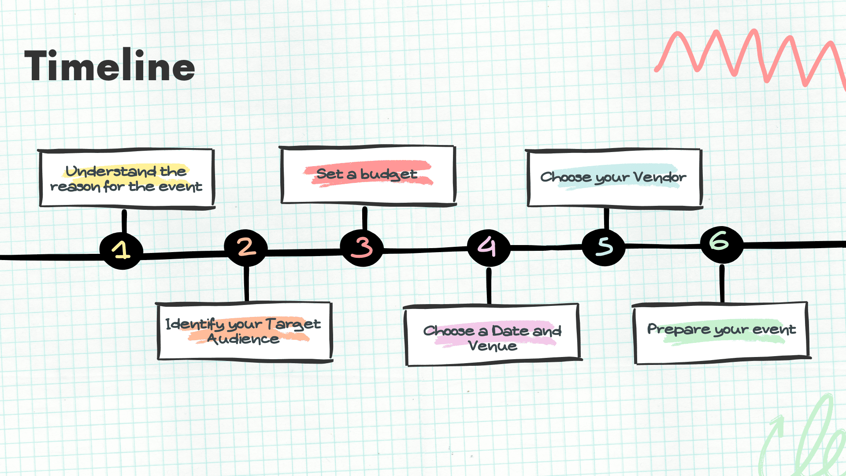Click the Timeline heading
pyautogui.click(x=110, y=66)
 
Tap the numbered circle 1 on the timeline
pyautogui.click(x=121, y=250)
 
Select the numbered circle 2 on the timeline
pyautogui.click(x=246, y=247)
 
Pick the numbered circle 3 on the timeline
pyautogui.click(x=362, y=247)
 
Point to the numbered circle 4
pyautogui.click(x=488, y=247)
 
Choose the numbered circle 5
pyautogui.click(x=604, y=247)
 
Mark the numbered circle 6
pyautogui.click(x=721, y=244)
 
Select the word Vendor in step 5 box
pyautogui.click(x=660, y=177)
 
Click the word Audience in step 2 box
pyautogui.click(x=243, y=339)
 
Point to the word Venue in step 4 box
pyautogui.click(x=493, y=346)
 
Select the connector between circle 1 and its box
pyautogui.click(x=124, y=221)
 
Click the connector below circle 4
pyautogui.click(x=489, y=285)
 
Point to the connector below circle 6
pyautogui.click(x=722, y=283)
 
